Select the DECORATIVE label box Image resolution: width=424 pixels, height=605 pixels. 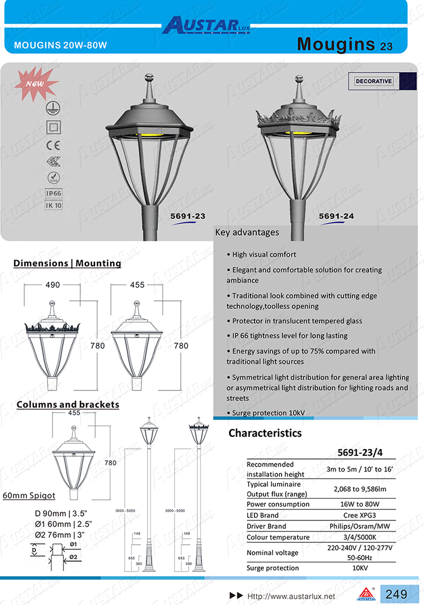(374, 81)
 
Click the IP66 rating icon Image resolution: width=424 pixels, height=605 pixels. (54, 193)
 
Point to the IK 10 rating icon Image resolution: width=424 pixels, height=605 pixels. (54, 205)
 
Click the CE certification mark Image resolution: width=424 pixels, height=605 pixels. (53, 145)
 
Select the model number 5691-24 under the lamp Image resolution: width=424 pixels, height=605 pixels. (336, 215)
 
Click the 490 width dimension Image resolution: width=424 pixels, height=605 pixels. (53, 286)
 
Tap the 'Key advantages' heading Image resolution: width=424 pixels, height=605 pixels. (247, 232)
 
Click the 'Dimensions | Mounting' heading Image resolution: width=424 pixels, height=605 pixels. (67, 263)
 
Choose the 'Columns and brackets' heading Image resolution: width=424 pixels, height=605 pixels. (68, 404)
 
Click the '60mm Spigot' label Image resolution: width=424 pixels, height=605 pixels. (29, 495)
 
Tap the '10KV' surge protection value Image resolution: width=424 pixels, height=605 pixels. (360, 568)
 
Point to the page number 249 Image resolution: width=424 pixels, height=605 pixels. (396, 594)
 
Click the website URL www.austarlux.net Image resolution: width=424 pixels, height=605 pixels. (292, 596)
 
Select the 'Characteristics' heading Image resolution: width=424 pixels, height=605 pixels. (265, 433)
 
